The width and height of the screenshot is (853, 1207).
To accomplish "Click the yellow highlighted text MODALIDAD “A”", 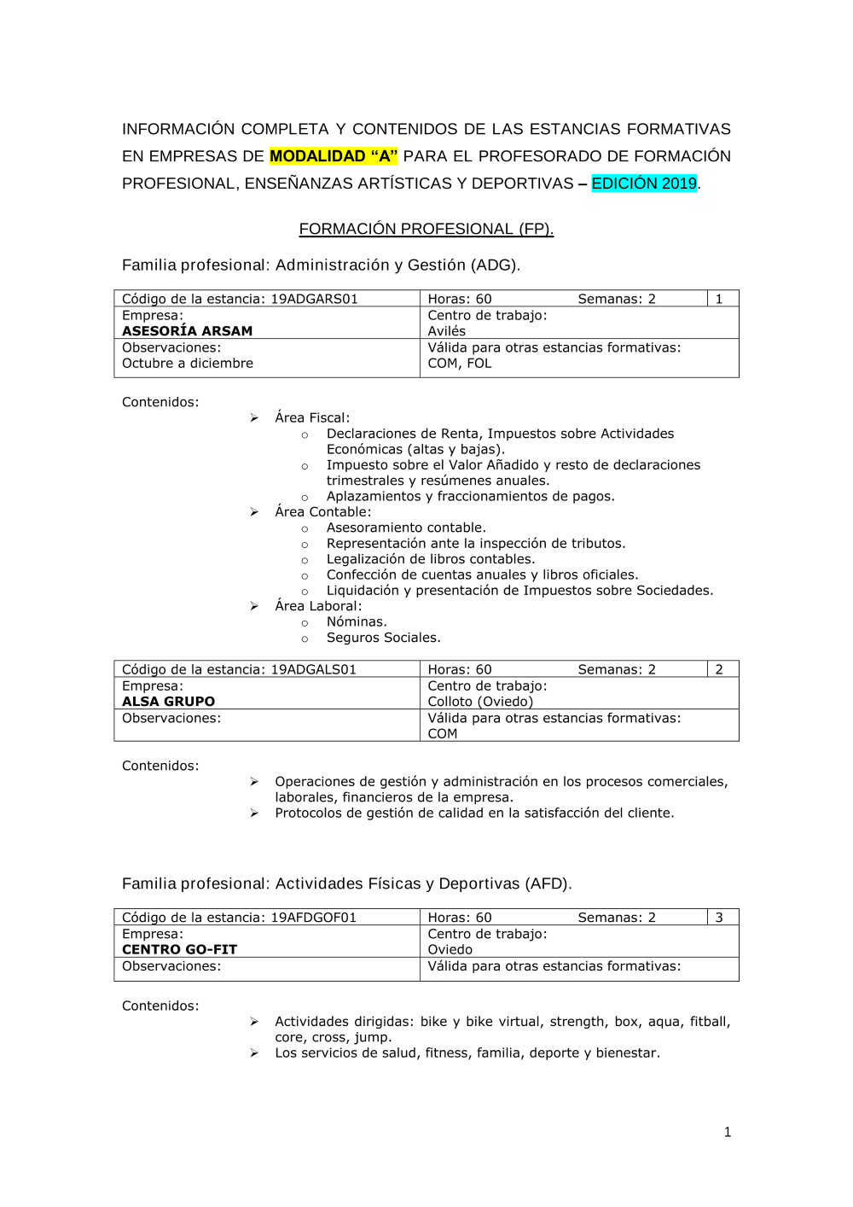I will pos(334,156).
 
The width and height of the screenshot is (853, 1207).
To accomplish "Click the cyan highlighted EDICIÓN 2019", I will pos(644,184).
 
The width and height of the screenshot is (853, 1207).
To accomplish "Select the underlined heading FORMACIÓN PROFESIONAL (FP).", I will pos(426,229).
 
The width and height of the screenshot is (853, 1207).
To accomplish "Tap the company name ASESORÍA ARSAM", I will pos(187,331).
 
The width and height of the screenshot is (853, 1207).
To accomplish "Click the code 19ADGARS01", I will pos(314,299).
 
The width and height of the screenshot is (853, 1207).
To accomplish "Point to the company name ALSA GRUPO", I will pos(168,702).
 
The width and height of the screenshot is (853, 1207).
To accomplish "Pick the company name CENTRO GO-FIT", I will pos(179,949).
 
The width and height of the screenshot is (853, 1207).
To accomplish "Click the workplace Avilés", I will pos(446,331).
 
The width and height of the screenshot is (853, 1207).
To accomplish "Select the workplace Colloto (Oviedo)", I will pos(480,702).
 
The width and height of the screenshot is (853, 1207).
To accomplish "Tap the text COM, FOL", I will pos(459,364).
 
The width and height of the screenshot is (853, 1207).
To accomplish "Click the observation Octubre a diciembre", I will pos(187,364).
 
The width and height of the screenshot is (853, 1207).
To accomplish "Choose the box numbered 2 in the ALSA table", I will pos(719,669).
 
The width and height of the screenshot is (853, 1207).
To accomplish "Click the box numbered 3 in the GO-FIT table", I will pos(719,918).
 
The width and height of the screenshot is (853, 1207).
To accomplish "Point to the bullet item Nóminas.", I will pos(357,622).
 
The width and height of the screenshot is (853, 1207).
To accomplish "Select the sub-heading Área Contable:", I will pos(322,512).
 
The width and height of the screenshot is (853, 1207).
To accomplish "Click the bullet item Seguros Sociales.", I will pos(383,638).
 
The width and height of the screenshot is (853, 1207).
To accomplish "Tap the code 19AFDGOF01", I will pos(313,918).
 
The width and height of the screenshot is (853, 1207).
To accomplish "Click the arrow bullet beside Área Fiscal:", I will pos(254,418).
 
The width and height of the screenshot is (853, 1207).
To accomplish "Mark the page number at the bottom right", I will pos(727,1133).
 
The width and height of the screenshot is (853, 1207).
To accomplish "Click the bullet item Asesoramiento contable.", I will pos(406,528).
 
